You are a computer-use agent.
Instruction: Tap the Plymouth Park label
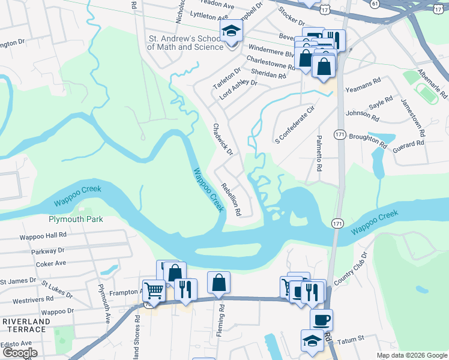click(76, 220)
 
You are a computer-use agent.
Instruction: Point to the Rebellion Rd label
click(231, 199)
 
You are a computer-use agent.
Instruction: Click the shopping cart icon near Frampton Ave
click(154, 291)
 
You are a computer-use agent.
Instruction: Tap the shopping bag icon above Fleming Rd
click(219, 281)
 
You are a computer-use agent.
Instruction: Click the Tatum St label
click(353, 339)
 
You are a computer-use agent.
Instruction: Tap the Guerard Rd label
click(408, 143)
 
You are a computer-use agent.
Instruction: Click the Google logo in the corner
click(19, 353)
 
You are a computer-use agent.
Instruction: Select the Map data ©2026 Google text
click(411, 355)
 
